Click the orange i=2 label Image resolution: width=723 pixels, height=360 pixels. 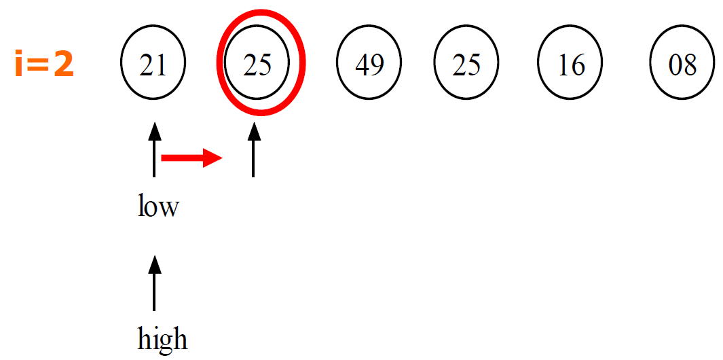click(x=44, y=65)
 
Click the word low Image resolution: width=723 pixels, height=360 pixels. click(x=157, y=206)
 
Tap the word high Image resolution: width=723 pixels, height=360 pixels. click(x=162, y=338)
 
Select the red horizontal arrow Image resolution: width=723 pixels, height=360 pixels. click(x=191, y=158)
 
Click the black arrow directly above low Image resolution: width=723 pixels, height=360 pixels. click(x=155, y=150)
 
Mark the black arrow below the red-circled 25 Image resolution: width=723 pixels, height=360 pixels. click(x=253, y=150)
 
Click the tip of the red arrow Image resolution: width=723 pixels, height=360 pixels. click(x=221, y=158)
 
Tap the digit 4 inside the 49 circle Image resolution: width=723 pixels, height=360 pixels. click(x=363, y=65)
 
